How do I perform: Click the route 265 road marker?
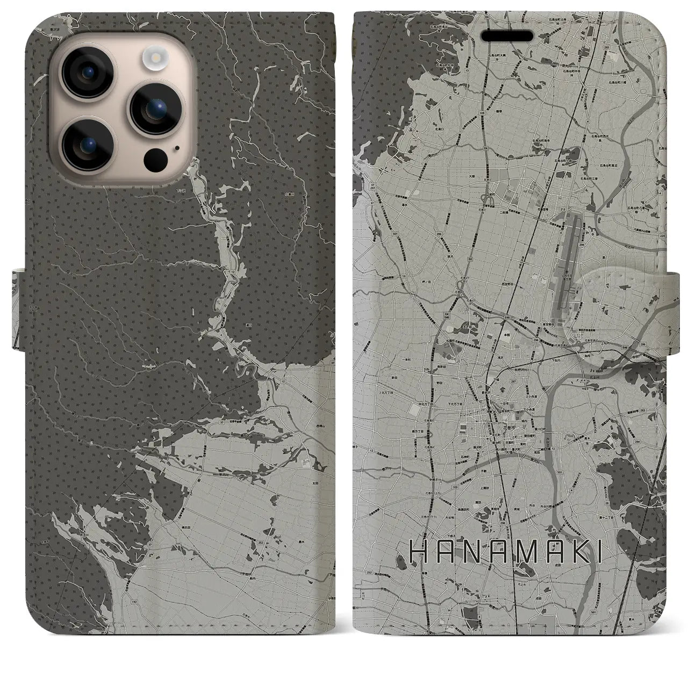[x=620, y=47]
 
